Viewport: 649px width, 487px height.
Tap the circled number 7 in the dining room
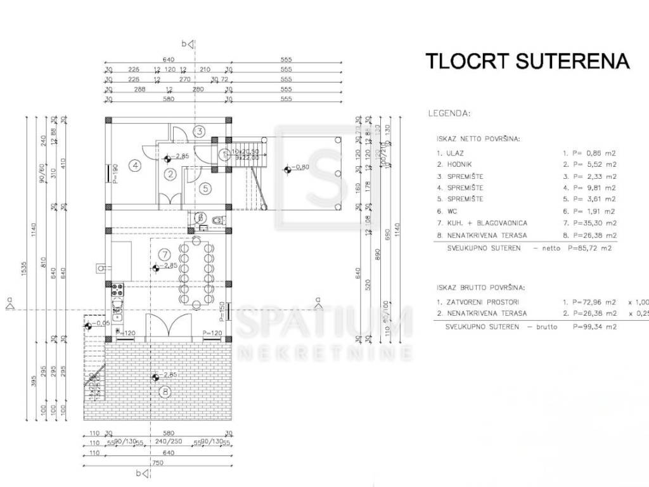[x=162, y=254]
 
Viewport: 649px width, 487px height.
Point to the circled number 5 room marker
[x=205, y=188]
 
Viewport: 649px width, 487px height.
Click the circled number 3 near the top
[x=199, y=131]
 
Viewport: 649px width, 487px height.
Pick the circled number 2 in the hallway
[x=170, y=174]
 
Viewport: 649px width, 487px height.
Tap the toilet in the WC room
[x=217, y=219]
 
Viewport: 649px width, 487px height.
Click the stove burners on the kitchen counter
[x=117, y=291]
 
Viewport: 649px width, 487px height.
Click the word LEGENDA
[x=449, y=114]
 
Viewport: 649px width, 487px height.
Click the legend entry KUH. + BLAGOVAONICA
[x=482, y=223]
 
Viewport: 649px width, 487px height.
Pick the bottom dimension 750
[x=158, y=462]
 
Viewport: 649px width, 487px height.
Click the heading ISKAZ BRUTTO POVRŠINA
[x=480, y=288]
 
